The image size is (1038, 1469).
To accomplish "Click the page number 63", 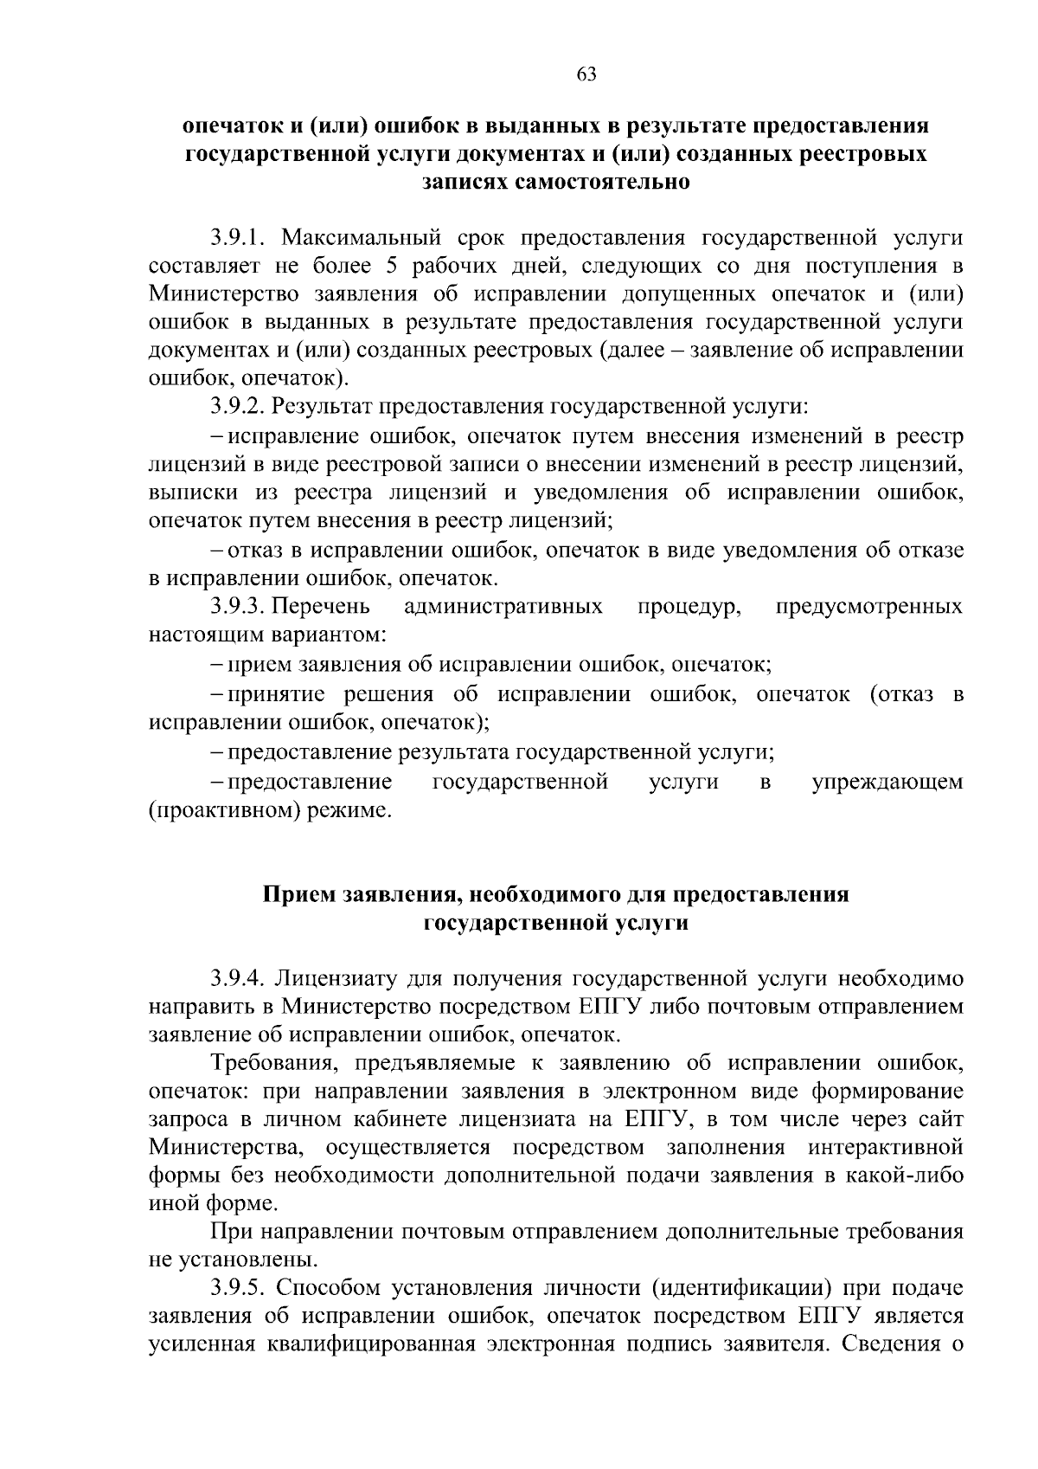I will point(586,74).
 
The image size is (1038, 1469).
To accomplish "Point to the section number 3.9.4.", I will point(240,979).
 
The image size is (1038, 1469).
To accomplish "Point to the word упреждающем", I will point(887,783).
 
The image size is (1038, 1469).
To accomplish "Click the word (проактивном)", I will point(225,811).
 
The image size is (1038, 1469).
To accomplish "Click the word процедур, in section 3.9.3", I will point(689,606).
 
